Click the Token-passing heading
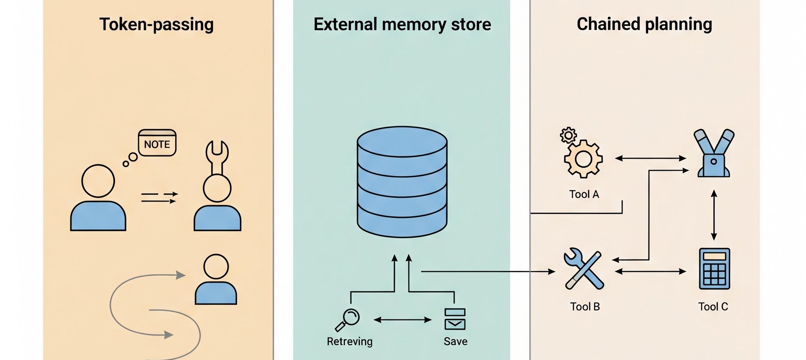(x=156, y=24)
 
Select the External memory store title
(x=402, y=24)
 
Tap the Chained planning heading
(x=644, y=24)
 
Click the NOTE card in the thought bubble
(x=157, y=143)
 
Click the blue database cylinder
(x=402, y=181)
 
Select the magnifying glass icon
(x=348, y=319)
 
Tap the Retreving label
(x=349, y=342)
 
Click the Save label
(x=455, y=342)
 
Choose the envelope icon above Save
(x=455, y=323)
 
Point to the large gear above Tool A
(x=583, y=159)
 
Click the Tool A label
(x=584, y=194)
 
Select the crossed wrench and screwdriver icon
(x=584, y=269)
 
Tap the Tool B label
(x=585, y=307)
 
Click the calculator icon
(x=714, y=269)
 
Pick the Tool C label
(x=713, y=307)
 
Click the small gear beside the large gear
(x=568, y=135)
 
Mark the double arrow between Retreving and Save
(x=402, y=320)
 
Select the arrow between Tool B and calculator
(x=650, y=271)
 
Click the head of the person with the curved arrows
(x=216, y=267)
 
